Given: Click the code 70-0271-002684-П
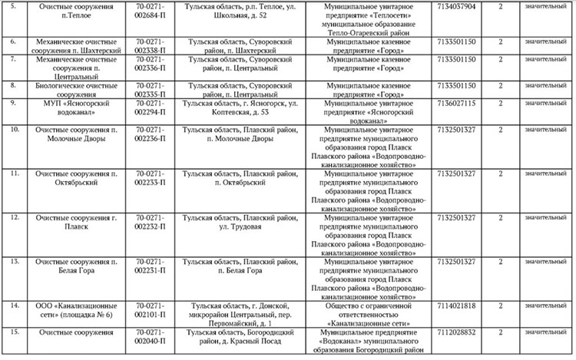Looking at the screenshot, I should click(151, 10).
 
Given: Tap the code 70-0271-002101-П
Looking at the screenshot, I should click(151, 310).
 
